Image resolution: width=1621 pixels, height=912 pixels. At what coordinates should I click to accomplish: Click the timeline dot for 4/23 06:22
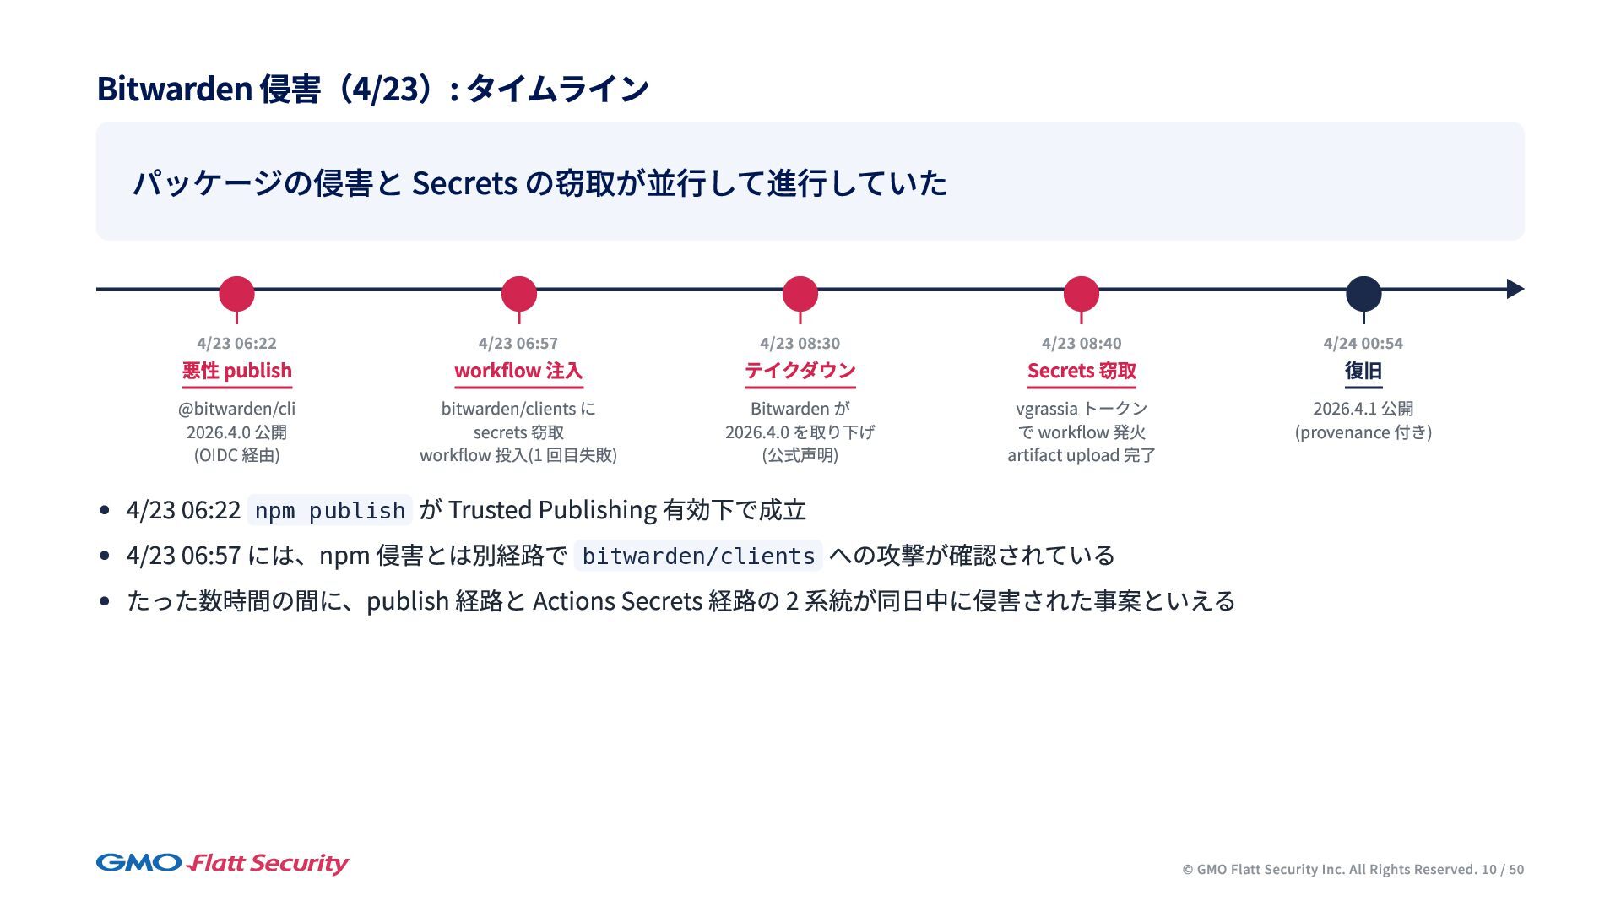[236, 294]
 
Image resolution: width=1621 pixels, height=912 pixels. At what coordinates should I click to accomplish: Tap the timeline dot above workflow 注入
[518, 294]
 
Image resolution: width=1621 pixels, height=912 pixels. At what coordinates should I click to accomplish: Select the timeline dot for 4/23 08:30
[800, 294]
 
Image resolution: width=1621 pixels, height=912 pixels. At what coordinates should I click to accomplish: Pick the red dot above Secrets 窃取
[1081, 294]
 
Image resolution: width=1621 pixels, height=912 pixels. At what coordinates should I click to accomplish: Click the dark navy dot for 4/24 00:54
[1363, 294]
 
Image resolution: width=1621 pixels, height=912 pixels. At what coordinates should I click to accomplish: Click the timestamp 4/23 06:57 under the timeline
[518, 344]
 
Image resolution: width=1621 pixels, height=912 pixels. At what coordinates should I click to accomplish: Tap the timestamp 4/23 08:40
[1081, 344]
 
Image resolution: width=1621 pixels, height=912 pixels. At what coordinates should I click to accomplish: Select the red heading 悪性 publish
[236, 371]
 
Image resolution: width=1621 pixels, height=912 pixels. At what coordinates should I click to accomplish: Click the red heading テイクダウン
[800, 371]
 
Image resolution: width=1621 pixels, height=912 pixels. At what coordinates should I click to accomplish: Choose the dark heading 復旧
[1363, 371]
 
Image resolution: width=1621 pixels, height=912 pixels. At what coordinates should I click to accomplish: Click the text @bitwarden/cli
[236, 409]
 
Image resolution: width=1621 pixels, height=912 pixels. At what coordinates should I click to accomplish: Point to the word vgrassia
[1046, 410]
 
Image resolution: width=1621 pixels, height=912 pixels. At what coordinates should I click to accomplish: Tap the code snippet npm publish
[329, 511]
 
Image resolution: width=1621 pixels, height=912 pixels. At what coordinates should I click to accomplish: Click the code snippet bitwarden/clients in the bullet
[698, 556]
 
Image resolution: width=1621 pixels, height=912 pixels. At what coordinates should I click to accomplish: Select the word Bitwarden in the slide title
[174, 89]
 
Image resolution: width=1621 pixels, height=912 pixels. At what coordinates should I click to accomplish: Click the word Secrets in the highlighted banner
[464, 183]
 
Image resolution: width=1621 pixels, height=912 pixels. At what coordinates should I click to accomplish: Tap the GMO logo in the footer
[138, 863]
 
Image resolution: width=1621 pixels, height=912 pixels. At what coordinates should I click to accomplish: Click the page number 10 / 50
[1502, 870]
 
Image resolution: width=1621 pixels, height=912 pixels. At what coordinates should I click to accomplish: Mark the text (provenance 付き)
[1363, 432]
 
